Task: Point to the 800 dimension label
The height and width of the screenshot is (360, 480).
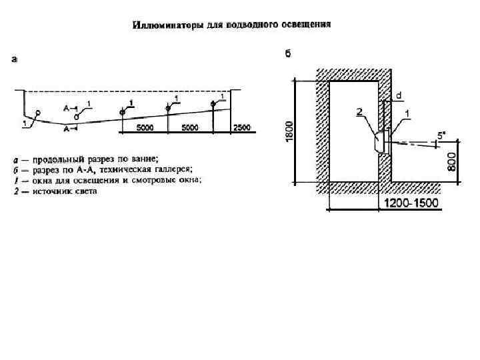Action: (451, 160)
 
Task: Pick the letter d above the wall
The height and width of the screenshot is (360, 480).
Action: (398, 96)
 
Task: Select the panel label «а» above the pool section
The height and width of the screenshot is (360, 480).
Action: (15, 59)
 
